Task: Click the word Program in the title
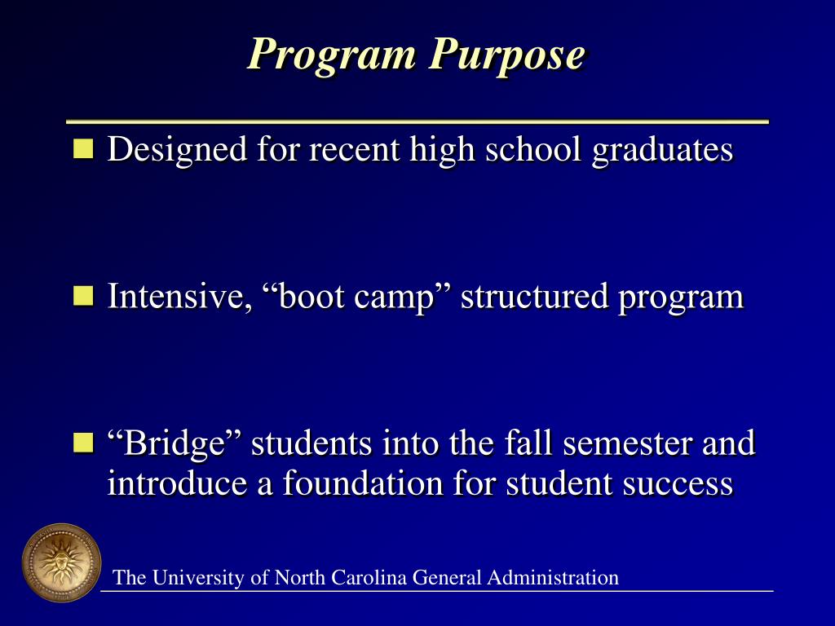[x=334, y=55]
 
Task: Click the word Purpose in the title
[x=508, y=55]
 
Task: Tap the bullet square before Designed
[x=83, y=148]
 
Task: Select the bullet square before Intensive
[x=83, y=295]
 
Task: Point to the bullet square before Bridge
[x=83, y=443]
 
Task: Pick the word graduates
[x=662, y=150]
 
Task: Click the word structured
[x=534, y=297]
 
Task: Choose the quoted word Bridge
[x=175, y=444]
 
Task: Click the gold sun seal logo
[x=61, y=563]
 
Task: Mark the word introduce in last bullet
[x=179, y=483]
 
